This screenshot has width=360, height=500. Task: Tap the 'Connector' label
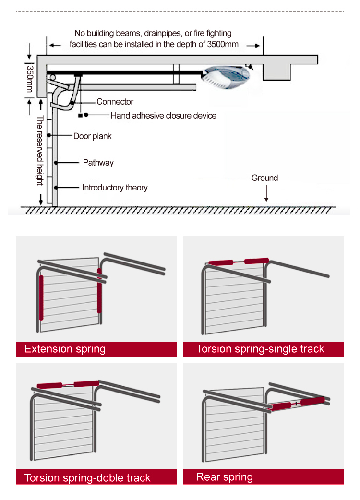(x=115, y=102)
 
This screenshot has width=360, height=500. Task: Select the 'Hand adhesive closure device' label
(x=163, y=115)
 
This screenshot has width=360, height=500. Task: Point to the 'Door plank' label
(x=92, y=136)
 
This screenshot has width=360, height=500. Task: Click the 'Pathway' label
(x=98, y=163)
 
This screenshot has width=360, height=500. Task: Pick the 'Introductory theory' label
(x=115, y=188)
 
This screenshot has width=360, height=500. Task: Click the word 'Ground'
(x=264, y=178)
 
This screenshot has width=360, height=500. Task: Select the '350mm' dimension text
(x=29, y=77)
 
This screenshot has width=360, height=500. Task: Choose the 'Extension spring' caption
(x=65, y=349)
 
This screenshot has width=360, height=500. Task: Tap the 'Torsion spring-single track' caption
(x=260, y=349)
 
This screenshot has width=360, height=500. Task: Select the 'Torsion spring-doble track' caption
(x=87, y=478)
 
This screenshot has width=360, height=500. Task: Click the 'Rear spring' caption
(x=224, y=477)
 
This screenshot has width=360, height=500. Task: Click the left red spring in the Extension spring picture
(x=41, y=298)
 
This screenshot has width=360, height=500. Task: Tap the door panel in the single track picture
(x=234, y=302)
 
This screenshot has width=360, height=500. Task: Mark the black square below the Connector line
(x=80, y=116)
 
